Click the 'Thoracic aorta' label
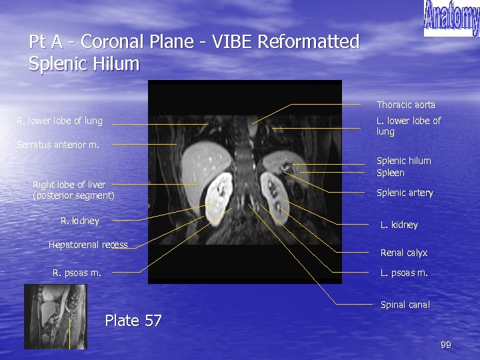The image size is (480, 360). (405, 105)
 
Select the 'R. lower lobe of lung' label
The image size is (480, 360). (60, 121)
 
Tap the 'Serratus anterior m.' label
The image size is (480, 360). (58, 144)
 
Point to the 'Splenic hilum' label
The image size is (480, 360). (403, 161)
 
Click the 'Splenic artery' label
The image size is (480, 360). (405, 193)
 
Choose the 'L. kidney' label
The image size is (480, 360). (399, 225)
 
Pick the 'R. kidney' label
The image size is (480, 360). (79, 221)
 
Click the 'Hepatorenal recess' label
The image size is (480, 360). (88, 245)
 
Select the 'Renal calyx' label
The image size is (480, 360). (403, 253)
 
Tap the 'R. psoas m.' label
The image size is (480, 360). (77, 272)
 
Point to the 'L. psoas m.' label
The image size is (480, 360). (403, 273)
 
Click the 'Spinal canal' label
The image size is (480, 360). (405, 305)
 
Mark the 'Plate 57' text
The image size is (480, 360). (133, 321)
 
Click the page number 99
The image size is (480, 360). (446, 345)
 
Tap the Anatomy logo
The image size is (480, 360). (451, 19)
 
